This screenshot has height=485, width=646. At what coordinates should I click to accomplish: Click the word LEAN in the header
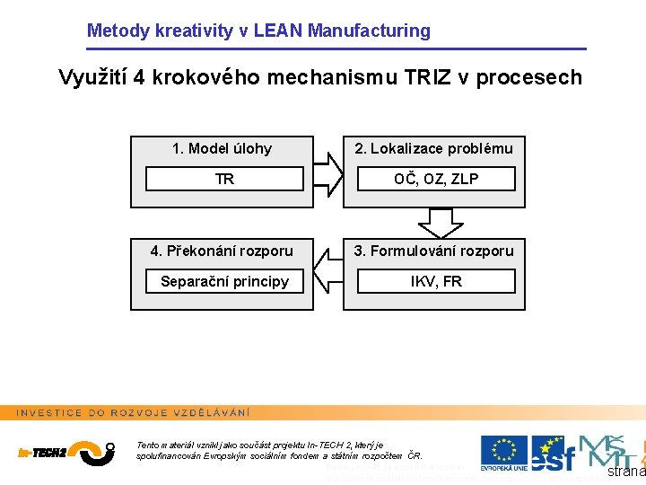tap(278, 31)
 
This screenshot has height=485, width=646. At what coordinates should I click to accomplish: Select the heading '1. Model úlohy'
tap(222, 148)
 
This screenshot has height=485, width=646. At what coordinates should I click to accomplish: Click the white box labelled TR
tap(224, 179)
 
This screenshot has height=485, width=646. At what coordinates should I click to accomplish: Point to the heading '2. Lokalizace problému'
tap(434, 148)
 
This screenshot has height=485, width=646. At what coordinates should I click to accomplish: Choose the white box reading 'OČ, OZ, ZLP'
tap(436, 179)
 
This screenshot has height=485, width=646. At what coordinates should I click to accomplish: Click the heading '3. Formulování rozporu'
tap(434, 251)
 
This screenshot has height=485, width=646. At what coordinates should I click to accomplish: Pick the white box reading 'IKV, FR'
tap(436, 281)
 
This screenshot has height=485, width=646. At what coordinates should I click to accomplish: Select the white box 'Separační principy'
tap(224, 281)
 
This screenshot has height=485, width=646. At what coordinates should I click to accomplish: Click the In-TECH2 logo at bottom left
tap(65, 450)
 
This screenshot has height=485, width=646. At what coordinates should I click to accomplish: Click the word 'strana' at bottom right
tap(625, 472)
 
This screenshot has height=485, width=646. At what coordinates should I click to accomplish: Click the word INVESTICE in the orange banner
tap(50, 412)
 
